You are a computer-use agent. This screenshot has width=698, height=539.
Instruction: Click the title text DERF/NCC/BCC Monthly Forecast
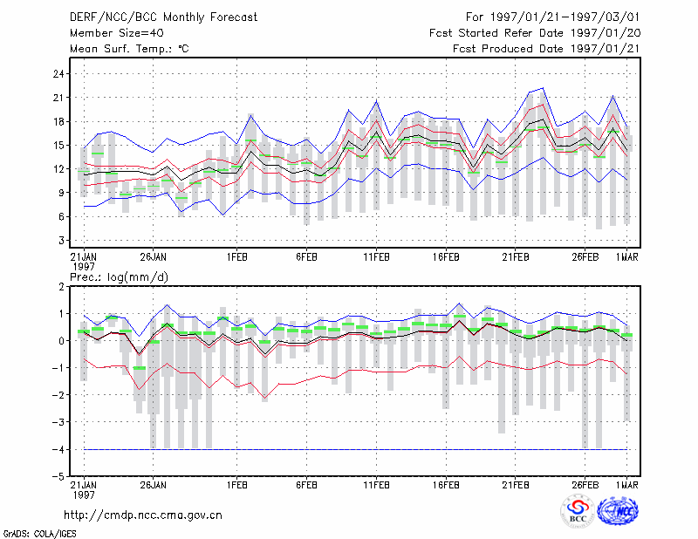click(163, 17)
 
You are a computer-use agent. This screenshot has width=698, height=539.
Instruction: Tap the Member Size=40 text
click(117, 33)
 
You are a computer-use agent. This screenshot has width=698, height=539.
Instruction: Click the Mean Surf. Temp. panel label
click(129, 49)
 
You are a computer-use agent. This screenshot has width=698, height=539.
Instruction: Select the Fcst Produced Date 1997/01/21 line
click(546, 49)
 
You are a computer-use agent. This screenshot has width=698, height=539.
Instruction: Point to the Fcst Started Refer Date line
click(535, 33)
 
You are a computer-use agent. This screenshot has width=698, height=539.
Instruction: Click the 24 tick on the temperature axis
click(58, 74)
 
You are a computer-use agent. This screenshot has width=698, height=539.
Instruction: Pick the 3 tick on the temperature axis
click(61, 241)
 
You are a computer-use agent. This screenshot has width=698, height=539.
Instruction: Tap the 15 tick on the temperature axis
click(58, 146)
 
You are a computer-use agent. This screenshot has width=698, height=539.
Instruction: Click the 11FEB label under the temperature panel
click(376, 257)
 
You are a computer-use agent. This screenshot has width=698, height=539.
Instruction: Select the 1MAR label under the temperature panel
click(626, 257)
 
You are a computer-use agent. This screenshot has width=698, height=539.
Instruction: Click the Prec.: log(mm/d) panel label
click(119, 277)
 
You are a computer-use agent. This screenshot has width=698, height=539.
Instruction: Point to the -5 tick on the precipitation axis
click(58, 477)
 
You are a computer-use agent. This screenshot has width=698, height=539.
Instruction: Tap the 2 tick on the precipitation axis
click(61, 287)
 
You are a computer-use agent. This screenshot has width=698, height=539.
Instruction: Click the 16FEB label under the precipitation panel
click(446, 485)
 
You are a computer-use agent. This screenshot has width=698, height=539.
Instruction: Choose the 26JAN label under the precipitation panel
click(154, 485)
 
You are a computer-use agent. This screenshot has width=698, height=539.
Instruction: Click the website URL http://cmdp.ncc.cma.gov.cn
click(143, 515)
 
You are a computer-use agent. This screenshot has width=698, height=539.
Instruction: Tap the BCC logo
click(578, 511)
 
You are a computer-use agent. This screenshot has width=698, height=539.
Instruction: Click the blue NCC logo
click(618, 511)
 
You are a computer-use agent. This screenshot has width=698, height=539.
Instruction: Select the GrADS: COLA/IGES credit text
click(39, 534)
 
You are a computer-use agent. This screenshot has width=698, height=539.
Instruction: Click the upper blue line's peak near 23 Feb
click(543, 88)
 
